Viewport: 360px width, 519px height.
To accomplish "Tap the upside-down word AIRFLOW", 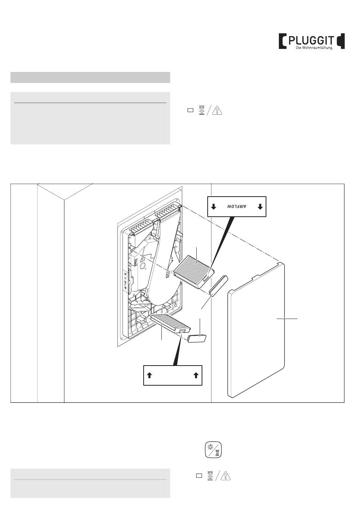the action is [237, 206].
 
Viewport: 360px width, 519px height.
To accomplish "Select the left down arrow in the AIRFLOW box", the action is [214, 206].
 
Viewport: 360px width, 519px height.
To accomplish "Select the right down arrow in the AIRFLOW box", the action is [260, 206].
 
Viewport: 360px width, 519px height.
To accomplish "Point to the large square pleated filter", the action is [194, 271].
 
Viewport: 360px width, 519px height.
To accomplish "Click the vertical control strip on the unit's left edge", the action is [125, 280].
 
